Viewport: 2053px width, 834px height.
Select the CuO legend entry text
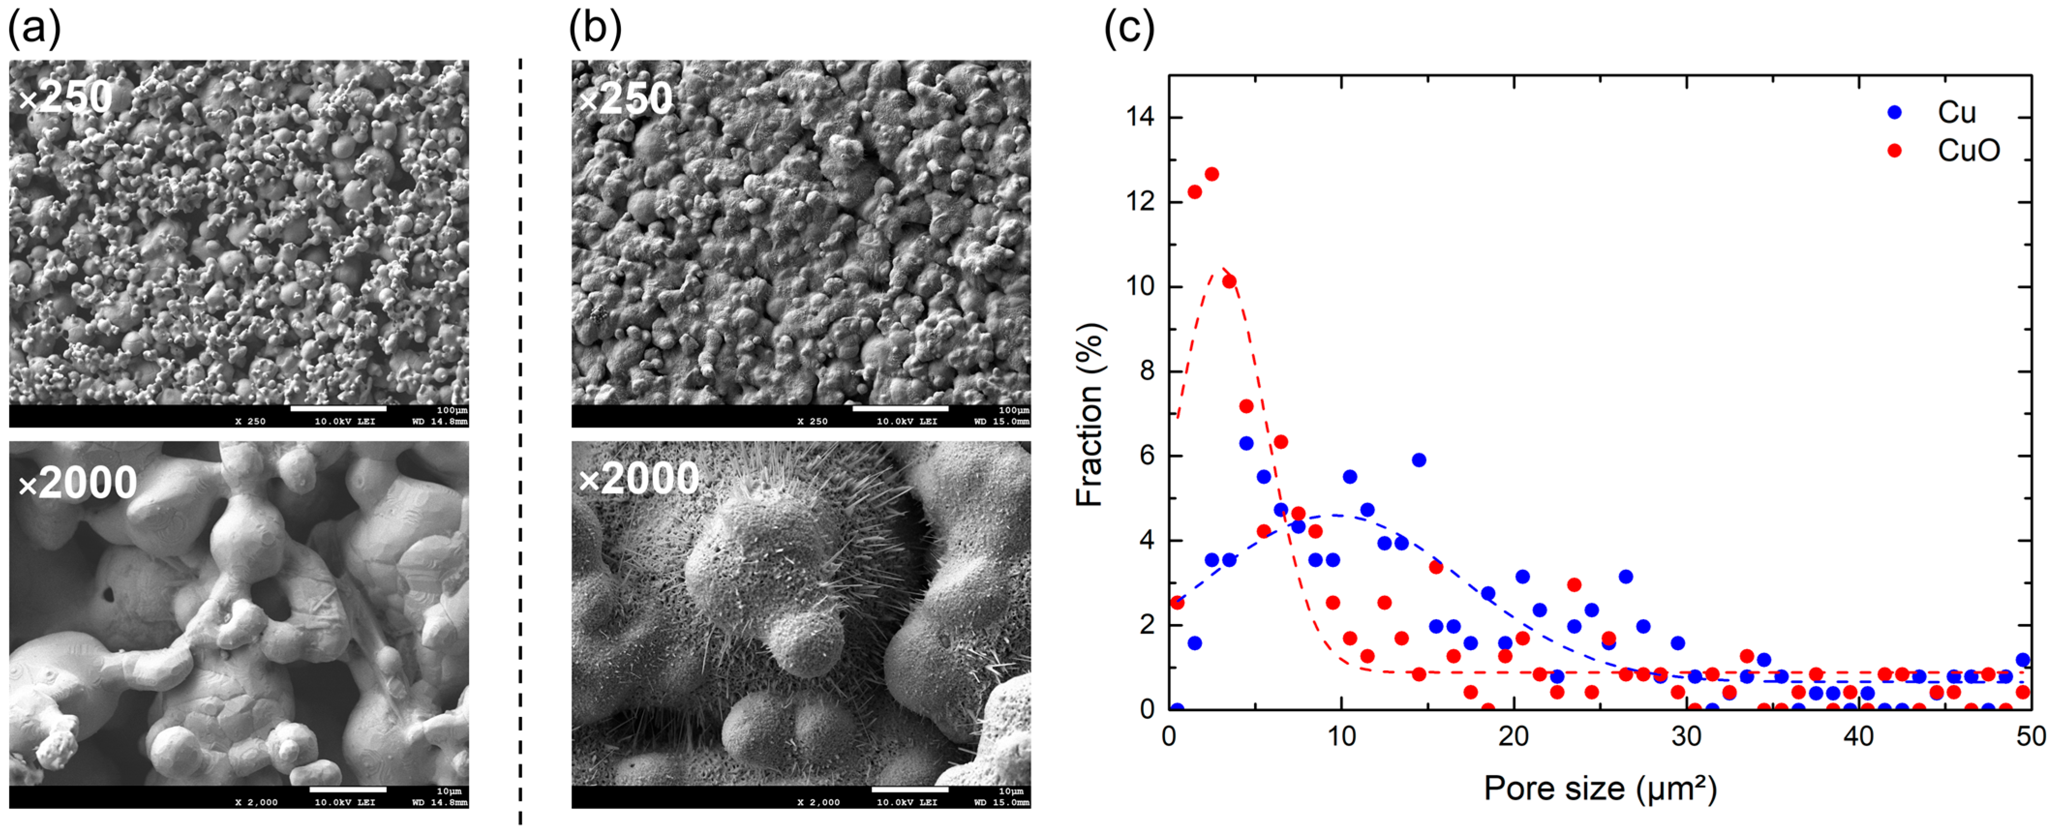coord(1968,150)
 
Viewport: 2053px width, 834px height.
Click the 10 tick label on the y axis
coord(1140,286)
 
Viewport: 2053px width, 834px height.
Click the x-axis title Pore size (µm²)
coord(1600,789)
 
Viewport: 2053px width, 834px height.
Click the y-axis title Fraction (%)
coord(1088,414)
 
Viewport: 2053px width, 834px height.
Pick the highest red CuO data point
coord(1211,174)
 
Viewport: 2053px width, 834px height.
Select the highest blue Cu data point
coord(1247,443)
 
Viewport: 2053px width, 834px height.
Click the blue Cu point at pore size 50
coord(2022,659)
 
